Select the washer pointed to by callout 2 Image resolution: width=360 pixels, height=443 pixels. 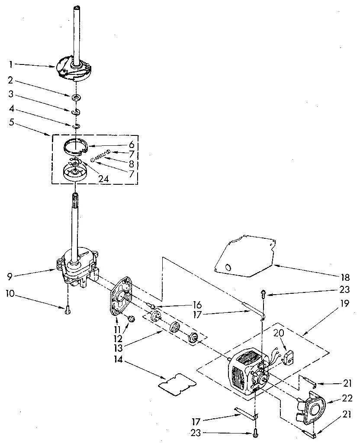(x=76, y=97)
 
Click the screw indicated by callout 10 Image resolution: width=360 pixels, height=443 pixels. (x=67, y=309)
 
